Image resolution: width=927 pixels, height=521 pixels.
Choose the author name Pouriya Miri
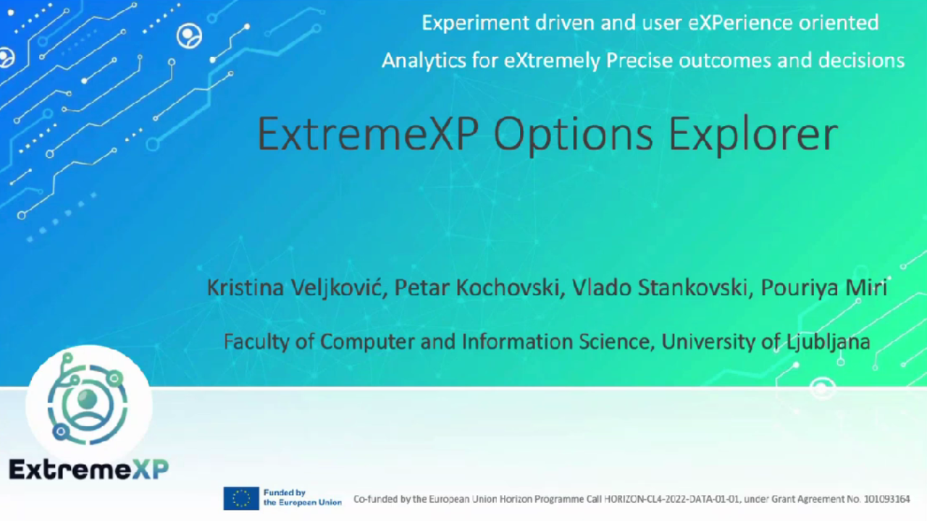824,288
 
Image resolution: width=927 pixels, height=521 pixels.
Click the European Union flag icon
241,498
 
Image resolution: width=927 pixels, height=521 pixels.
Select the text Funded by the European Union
301,498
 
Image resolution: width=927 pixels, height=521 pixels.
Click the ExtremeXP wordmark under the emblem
88,469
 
